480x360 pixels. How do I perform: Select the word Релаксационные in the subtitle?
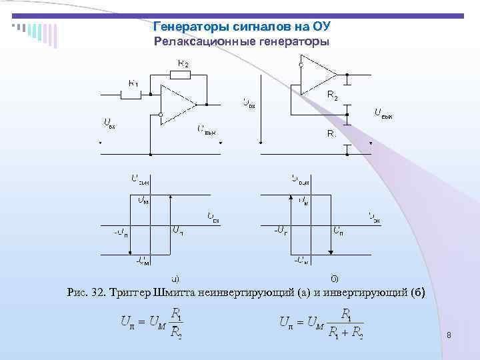click(x=199, y=42)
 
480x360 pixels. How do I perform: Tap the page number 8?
click(x=450, y=336)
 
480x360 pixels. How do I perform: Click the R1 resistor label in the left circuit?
click(x=133, y=83)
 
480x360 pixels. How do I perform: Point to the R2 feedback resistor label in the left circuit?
click(x=182, y=63)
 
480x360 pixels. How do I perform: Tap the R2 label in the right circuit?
click(x=332, y=95)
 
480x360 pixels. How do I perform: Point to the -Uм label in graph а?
click(x=143, y=261)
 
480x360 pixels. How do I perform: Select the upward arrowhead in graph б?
click(x=291, y=198)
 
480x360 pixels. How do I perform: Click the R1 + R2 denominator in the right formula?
click(x=345, y=331)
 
